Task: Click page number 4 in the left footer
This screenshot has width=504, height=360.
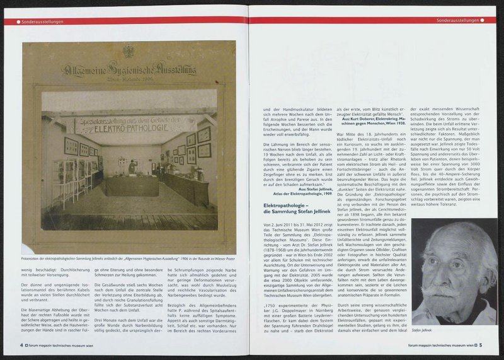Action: coord(21,345)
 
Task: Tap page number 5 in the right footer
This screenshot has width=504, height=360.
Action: coord(480,345)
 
